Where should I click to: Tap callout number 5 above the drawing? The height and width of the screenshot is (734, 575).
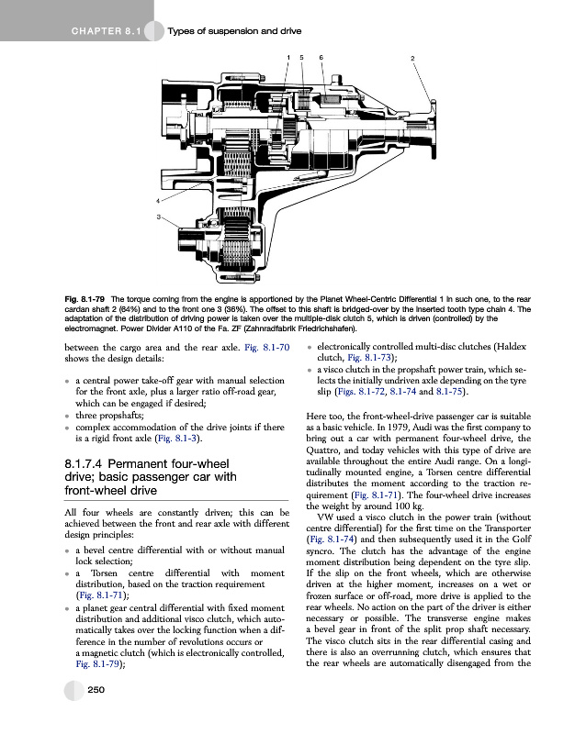pos(304,58)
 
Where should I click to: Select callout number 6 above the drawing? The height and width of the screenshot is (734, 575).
pos(321,58)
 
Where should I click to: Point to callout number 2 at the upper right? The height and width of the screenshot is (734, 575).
pos(413,59)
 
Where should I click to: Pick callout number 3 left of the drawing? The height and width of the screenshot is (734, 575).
pos(158,217)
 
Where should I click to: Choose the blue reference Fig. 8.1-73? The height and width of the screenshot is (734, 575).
pos(369,358)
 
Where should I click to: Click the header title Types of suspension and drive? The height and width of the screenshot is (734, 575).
pos(235,32)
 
